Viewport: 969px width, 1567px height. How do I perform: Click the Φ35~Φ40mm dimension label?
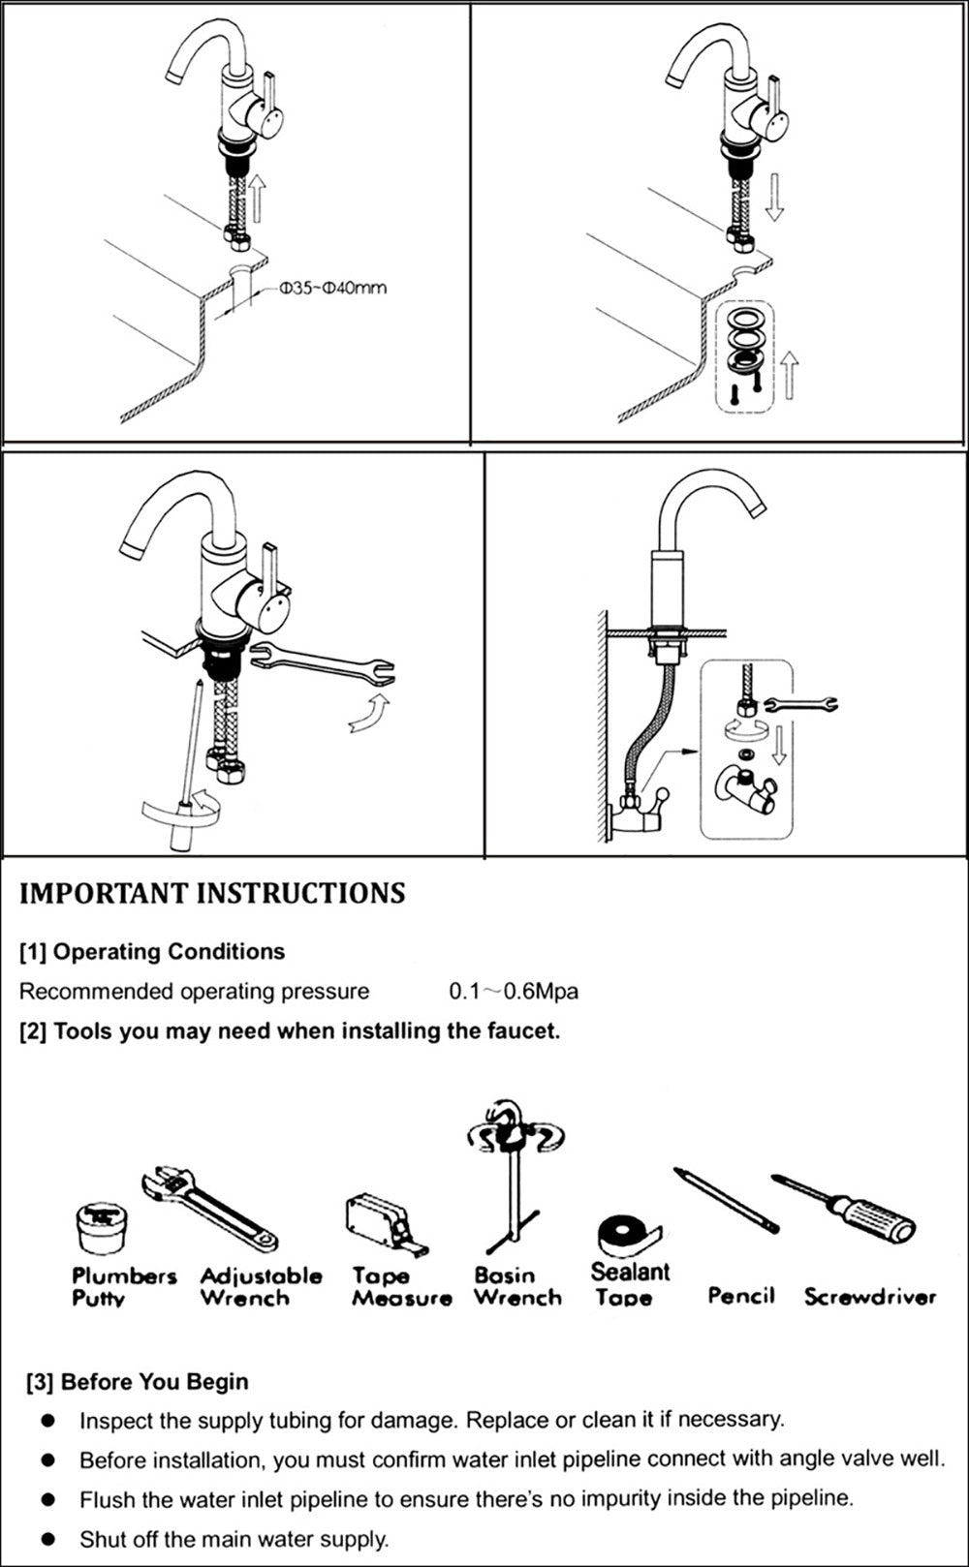pyautogui.click(x=332, y=288)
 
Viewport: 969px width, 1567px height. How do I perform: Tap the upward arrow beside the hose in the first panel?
pyautogui.click(x=256, y=198)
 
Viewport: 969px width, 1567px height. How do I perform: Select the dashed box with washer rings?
pyautogui.click(x=748, y=357)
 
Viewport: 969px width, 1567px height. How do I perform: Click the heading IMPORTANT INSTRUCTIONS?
pyautogui.click(x=212, y=893)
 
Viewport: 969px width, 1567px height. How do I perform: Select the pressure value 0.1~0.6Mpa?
pyautogui.click(x=514, y=992)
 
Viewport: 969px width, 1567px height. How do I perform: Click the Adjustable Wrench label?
pyautogui.click(x=261, y=1287)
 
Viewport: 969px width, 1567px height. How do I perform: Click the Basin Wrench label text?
pyautogui.click(x=517, y=1287)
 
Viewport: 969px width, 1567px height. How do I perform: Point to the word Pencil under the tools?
pyautogui.click(x=741, y=1295)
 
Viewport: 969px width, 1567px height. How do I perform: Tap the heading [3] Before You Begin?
pyautogui.click(x=138, y=1382)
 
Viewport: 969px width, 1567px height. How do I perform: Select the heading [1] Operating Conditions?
pyautogui.click(x=152, y=951)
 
